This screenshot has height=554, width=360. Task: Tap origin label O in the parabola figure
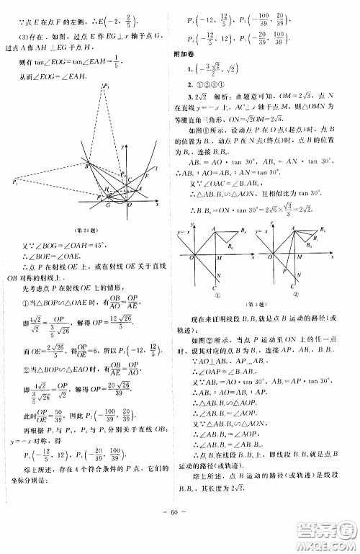tap(129, 205)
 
